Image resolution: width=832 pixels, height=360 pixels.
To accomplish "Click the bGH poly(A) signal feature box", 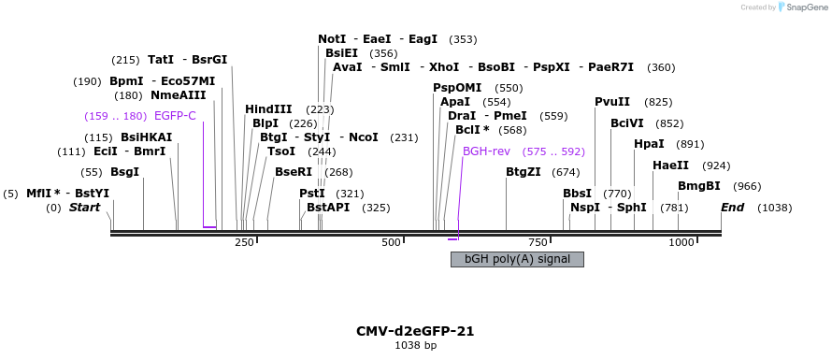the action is click(517, 259).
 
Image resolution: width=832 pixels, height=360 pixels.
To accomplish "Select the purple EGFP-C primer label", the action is click(175, 116).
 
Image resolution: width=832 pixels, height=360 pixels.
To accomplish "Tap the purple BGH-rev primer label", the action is click(485, 151).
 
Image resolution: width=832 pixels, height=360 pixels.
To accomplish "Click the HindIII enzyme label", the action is click(268, 109).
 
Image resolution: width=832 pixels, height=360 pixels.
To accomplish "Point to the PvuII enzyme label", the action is click(612, 102).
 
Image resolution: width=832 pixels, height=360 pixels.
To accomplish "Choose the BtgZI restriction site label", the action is click(523, 172).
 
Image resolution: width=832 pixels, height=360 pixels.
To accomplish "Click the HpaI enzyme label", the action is click(649, 144).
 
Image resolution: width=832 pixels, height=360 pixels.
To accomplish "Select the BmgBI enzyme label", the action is click(699, 186).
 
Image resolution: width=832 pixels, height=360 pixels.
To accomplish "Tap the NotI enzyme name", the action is click(332, 39).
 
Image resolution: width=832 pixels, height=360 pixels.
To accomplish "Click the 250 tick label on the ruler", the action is click(245, 242).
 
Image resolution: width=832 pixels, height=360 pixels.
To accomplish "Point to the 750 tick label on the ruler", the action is click(538, 242).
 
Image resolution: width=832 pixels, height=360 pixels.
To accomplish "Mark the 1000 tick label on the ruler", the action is click(681, 242).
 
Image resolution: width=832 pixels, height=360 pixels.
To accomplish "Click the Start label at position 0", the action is click(84, 207).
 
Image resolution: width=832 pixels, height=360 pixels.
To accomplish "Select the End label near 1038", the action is click(732, 207).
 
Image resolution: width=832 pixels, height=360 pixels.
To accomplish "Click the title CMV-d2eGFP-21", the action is click(415, 331).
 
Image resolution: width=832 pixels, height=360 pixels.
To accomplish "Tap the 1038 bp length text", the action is click(415, 346).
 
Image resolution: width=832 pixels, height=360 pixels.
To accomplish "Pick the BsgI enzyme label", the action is click(124, 172).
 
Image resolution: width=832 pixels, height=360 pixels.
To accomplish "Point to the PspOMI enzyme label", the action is click(457, 88).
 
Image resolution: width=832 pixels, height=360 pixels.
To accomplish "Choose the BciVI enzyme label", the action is click(626, 123).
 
